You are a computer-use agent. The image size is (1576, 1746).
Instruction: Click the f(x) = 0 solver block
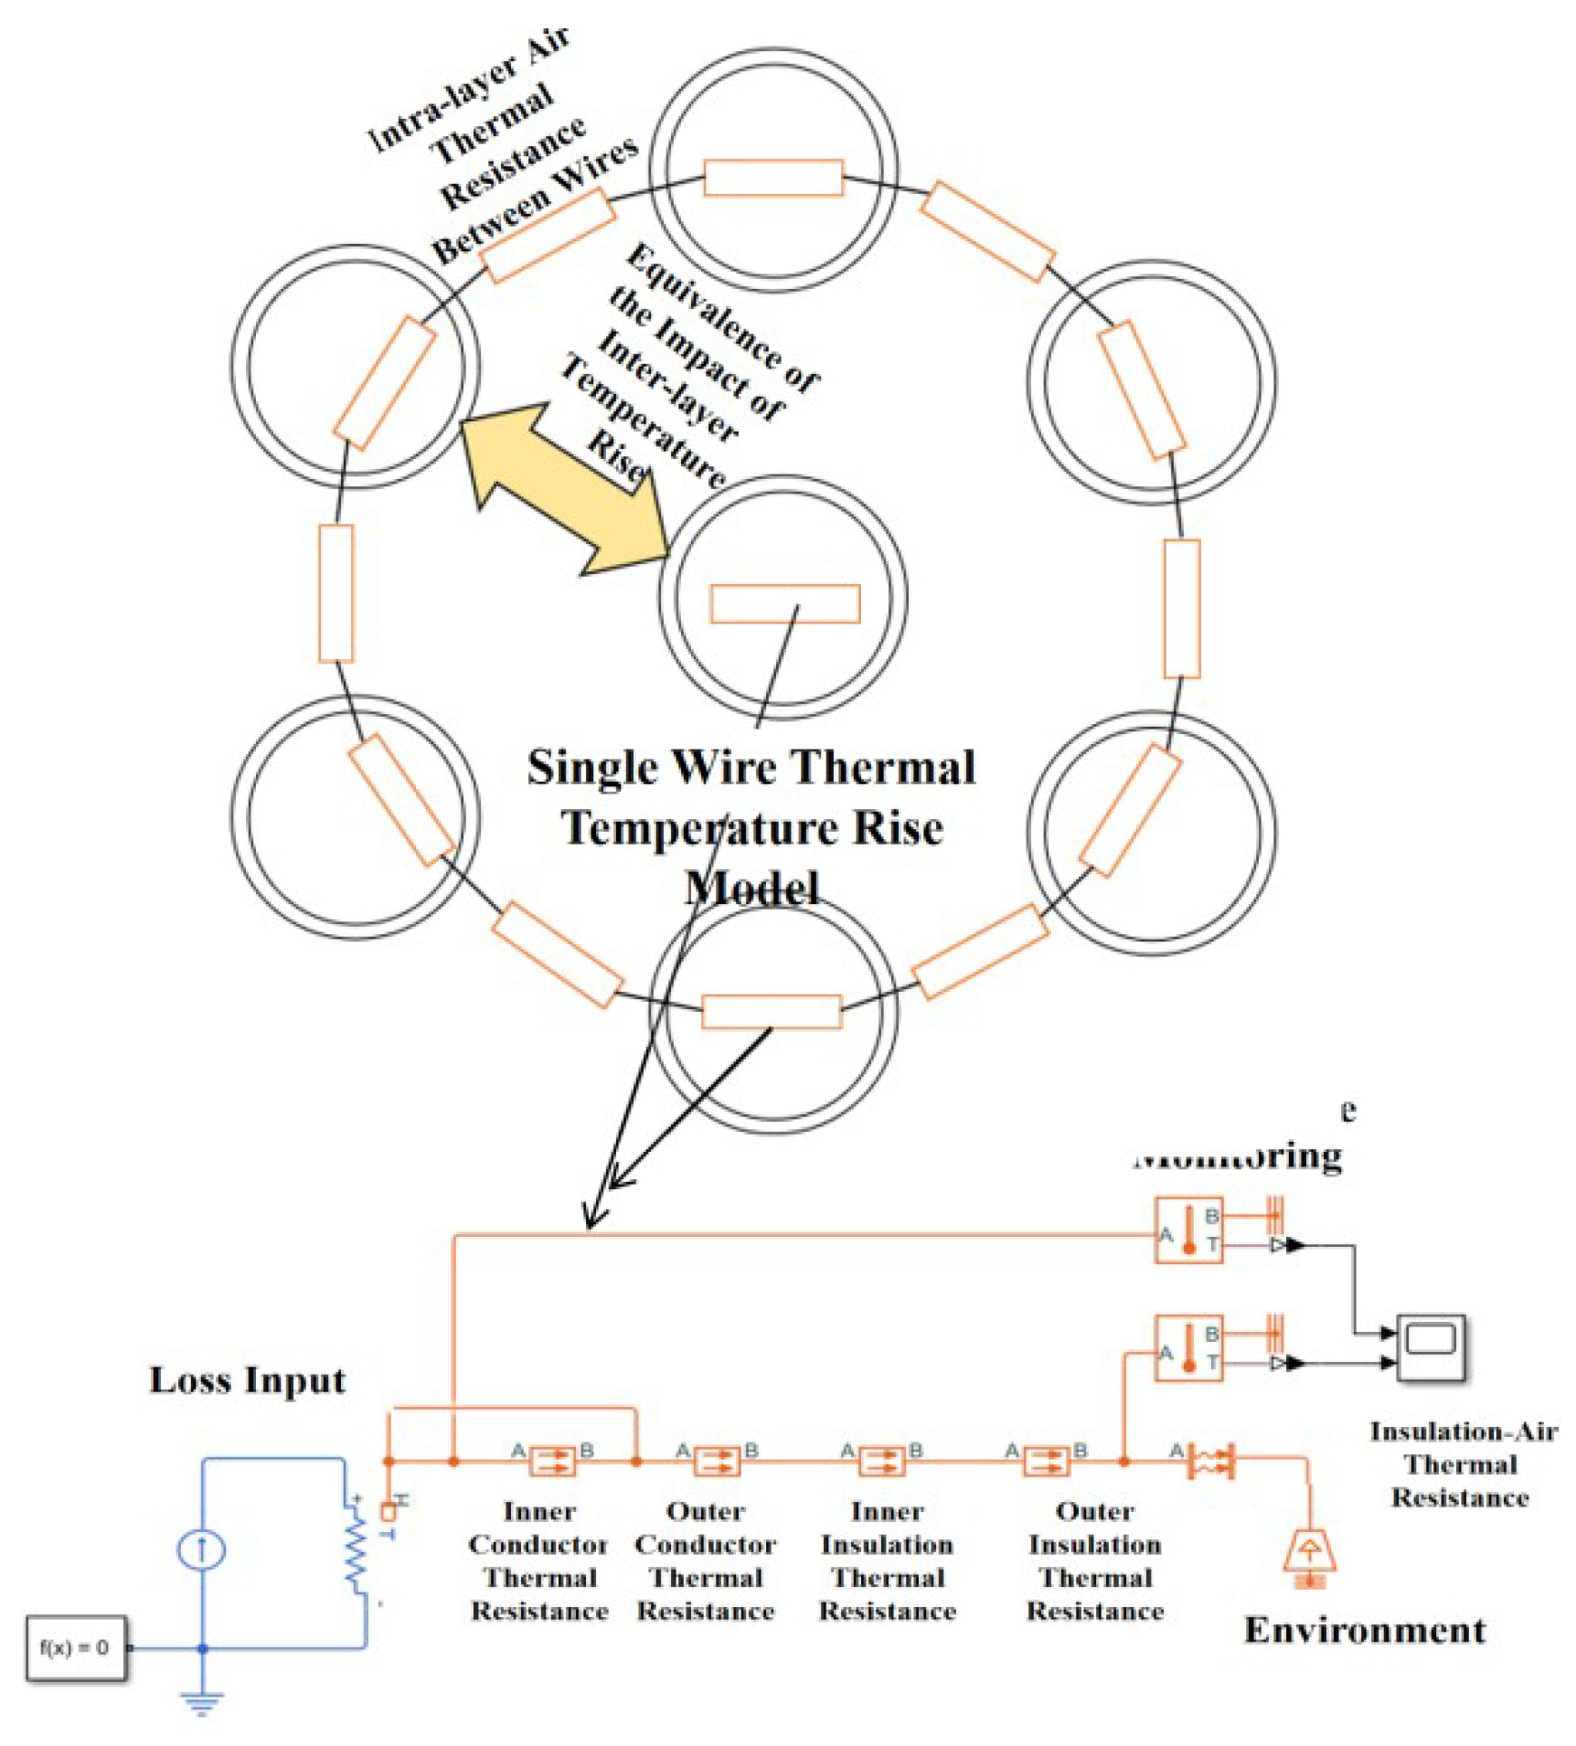click(75, 1648)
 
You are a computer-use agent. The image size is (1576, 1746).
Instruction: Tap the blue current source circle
click(201, 1550)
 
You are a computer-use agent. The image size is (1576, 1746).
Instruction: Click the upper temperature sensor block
click(1188, 1230)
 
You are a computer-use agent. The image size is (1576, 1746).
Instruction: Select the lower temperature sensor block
click(1188, 1348)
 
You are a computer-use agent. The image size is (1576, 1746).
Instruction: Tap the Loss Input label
click(248, 1380)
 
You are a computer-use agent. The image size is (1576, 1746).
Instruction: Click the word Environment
click(1364, 1631)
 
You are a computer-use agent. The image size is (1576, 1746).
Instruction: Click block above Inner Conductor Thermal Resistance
click(553, 1461)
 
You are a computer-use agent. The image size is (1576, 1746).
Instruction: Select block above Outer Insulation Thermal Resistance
click(1047, 1461)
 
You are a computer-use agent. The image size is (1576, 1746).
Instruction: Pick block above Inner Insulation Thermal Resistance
click(882, 1461)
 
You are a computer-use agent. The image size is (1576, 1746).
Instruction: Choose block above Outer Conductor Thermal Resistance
click(718, 1461)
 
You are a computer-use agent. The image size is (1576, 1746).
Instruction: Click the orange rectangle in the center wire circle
click(785, 603)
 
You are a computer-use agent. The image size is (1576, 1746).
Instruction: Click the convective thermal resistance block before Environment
click(1211, 1461)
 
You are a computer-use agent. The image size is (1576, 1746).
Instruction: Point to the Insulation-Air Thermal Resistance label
click(1461, 1464)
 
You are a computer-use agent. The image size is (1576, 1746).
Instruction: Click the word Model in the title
click(752, 889)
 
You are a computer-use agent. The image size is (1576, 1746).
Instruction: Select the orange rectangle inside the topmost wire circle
click(773, 177)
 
